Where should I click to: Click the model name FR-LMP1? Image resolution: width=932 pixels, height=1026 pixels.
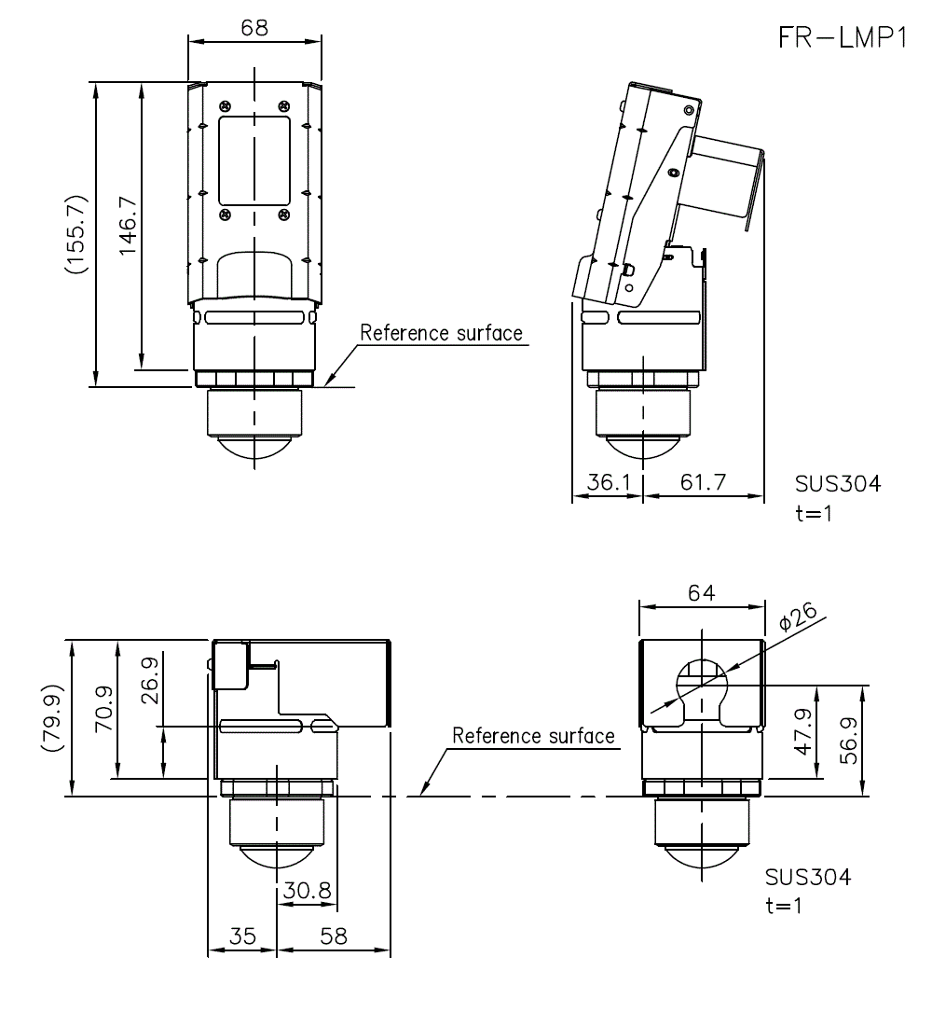[842, 37]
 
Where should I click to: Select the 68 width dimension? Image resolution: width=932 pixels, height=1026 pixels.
[254, 27]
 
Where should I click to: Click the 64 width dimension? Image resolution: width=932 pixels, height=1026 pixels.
[701, 592]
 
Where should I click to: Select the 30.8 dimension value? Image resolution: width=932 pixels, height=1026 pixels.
[308, 891]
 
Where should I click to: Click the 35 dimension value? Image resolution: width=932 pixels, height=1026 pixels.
[242, 936]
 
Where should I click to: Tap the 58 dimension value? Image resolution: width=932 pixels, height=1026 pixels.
[333, 936]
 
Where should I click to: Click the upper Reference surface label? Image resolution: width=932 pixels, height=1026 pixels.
[441, 333]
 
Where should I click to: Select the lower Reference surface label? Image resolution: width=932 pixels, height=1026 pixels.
[533, 736]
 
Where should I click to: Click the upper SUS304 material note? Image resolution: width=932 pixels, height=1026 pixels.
[837, 483]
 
